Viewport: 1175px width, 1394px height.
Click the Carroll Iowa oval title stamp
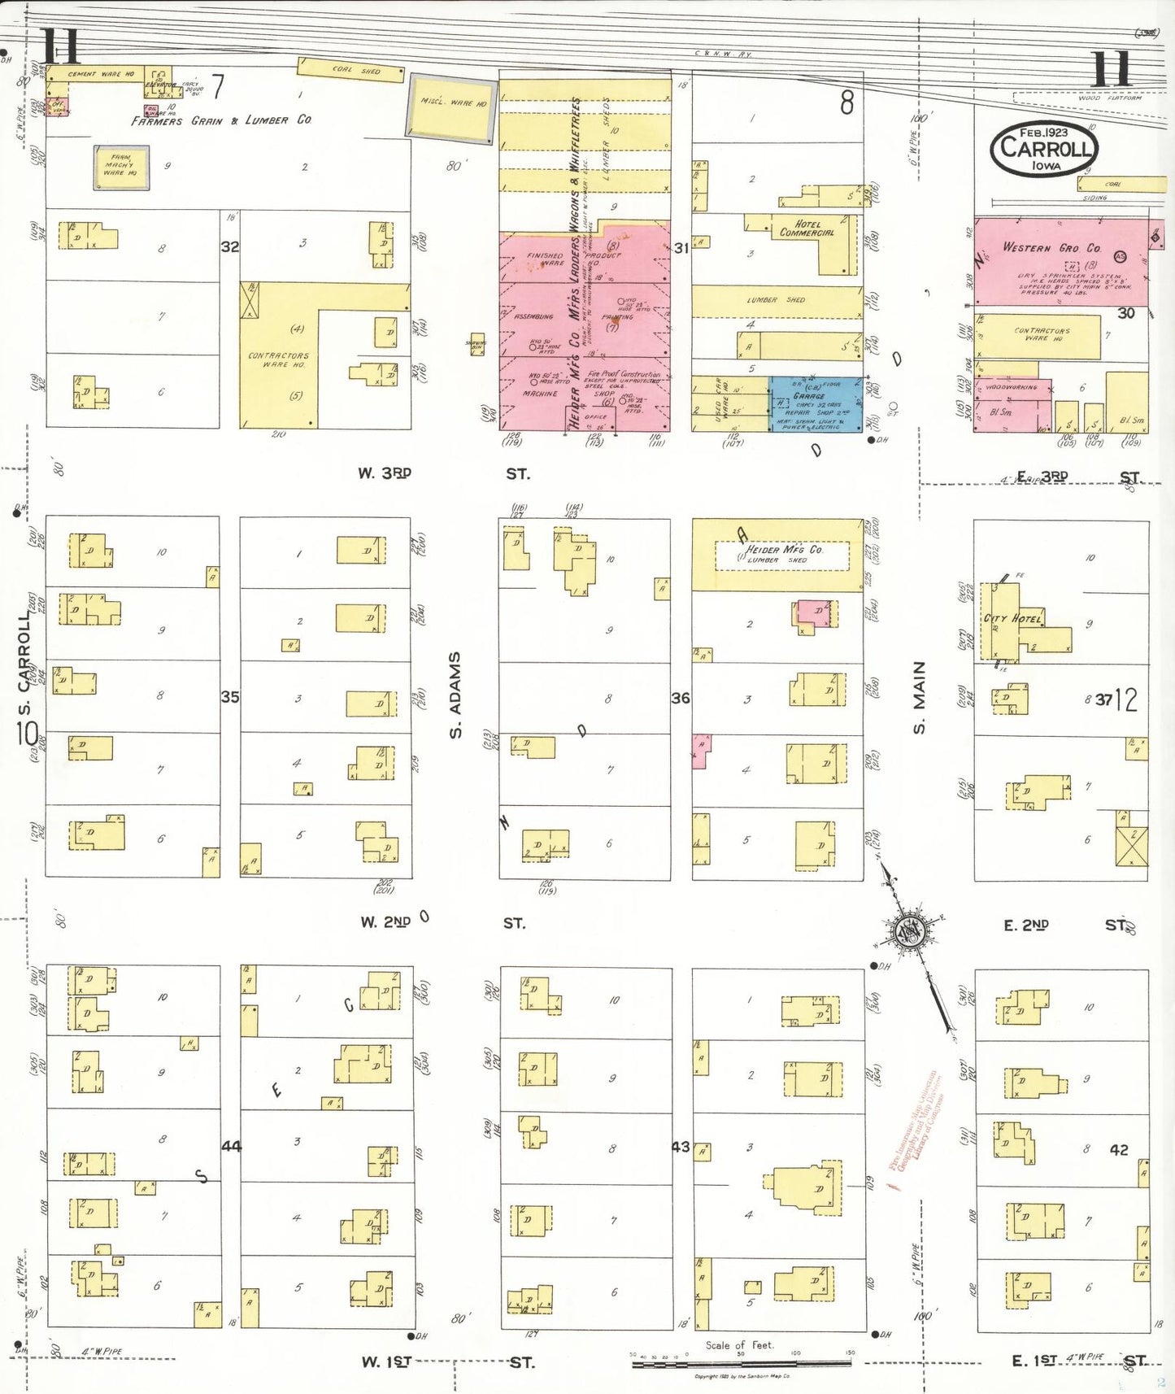click(x=1044, y=150)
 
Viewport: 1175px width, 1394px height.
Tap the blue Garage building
click(x=816, y=404)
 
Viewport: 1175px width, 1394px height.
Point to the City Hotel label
click(x=1012, y=618)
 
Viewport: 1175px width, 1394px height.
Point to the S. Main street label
click(x=920, y=697)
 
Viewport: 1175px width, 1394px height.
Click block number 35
click(x=230, y=697)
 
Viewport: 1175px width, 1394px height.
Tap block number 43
click(x=681, y=1147)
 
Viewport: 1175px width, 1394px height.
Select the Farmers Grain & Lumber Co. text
click(x=221, y=120)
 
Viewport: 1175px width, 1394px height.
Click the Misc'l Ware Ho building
click(x=452, y=107)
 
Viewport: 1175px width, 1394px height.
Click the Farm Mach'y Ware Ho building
click(x=121, y=168)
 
